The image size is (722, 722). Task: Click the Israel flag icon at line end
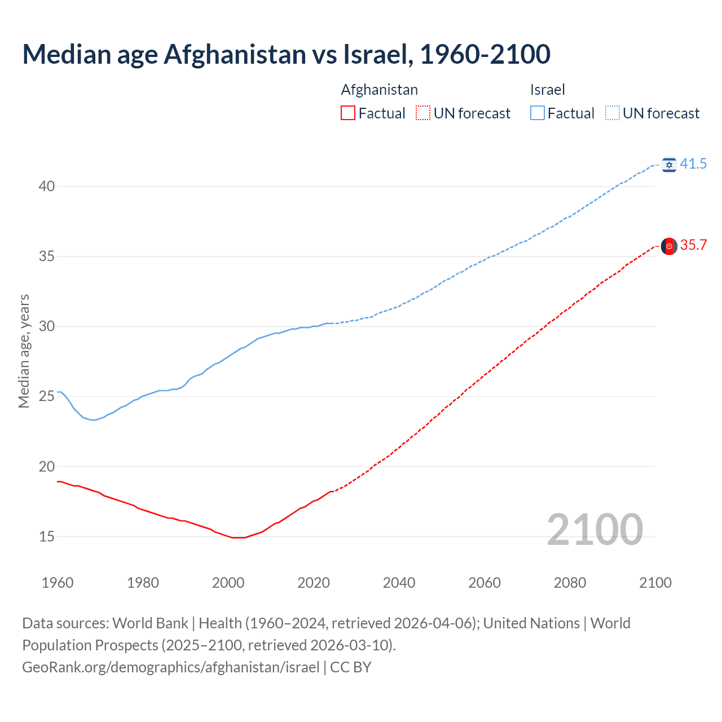click(x=669, y=164)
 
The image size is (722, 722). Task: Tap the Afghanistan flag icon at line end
click(x=669, y=246)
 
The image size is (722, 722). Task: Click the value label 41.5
click(x=693, y=164)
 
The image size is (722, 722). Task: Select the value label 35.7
click(x=693, y=245)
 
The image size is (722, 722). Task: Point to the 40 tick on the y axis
click(x=47, y=186)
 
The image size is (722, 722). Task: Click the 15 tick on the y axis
click(x=47, y=536)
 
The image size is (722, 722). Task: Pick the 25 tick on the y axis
click(x=47, y=397)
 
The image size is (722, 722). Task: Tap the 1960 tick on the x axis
click(x=58, y=583)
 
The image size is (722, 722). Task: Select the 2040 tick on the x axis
click(x=399, y=583)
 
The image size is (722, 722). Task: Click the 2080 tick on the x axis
click(x=570, y=583)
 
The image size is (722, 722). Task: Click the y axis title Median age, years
click(x=24, y=351)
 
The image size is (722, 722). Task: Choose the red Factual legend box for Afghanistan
click(x=348, y=113)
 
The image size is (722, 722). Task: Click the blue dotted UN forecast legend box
click(x=613, y=113)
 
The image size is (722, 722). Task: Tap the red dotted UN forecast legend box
click(x=423, y=113)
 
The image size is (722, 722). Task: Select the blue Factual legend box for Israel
click(x=538, y=113)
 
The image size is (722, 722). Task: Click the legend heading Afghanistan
click(x=379, y=90)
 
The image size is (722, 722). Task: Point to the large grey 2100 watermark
click(x=595, y=529)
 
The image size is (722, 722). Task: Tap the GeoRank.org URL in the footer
click(x=170, y=667)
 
